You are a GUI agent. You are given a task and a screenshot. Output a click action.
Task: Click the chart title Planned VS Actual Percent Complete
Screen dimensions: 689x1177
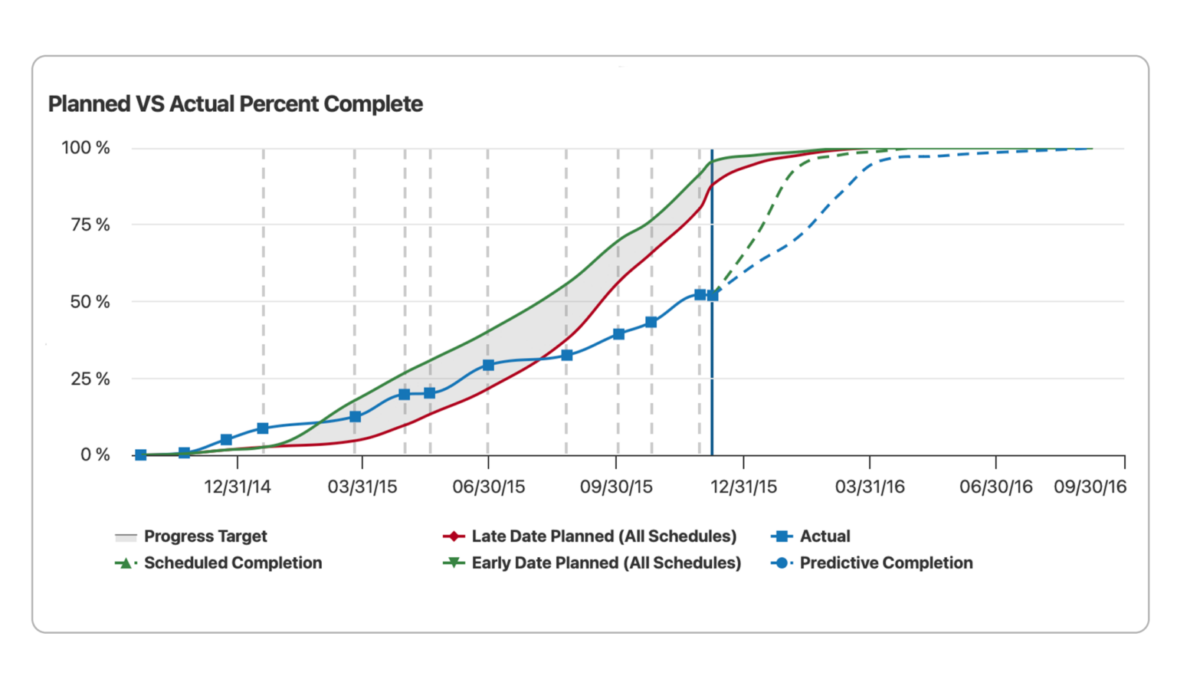pyautogui.click(x=235, y=104)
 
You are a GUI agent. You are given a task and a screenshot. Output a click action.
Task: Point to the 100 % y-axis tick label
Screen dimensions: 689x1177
pyautogui.click(x=86, y=148)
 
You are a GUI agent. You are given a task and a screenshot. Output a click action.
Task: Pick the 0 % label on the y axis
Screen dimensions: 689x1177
pyautogui.click(x=95, y=455)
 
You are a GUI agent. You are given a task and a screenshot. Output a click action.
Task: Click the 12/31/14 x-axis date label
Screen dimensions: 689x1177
pyautogui.click(x=238, y=487)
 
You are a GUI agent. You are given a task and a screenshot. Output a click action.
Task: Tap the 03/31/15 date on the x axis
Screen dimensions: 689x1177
pyautogui.click(x=362, y=487)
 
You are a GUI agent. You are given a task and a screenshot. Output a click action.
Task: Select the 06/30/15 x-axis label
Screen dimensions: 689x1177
pyautogui.click(x=488, y=487)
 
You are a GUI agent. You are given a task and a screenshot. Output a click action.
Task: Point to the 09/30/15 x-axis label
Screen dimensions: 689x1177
pyautogui.click(x=616, y=487)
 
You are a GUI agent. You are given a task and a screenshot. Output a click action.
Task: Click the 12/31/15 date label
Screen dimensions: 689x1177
pyautogui.click(x=743, y=487)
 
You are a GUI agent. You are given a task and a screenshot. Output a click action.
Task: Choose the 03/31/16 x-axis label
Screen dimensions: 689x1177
pyautogui.click(x=870, y=487)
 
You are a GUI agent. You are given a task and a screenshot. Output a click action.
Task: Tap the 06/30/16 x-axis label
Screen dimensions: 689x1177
pyautogui.click(x=996, y=487)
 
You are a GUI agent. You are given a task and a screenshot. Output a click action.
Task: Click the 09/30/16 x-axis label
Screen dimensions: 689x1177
pyautogui.click(x=1090, y=487)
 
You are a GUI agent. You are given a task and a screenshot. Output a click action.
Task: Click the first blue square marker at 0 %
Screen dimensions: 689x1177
pyautogui.click(x=140, y=455)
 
